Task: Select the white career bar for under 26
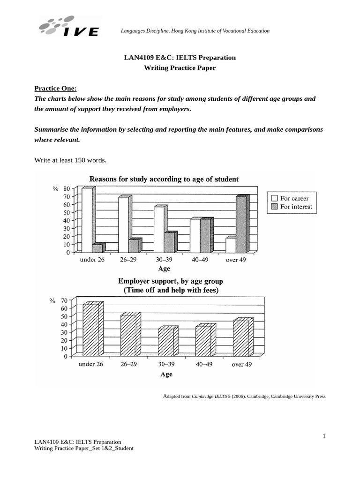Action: [87, 220]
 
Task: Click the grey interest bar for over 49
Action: [241, 225]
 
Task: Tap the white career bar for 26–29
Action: [123, 225]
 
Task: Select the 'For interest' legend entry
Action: [291, 207]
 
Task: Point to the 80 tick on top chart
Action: [66, 188]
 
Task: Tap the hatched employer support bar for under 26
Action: [90, 330]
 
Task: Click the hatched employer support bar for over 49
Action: [240, 338]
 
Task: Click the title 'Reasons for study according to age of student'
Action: [164, 179]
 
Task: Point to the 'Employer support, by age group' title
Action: [170, 281]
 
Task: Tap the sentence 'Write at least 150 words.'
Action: [71, 160]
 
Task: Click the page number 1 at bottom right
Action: [323, 436]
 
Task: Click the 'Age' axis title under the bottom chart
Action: [166, 374]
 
